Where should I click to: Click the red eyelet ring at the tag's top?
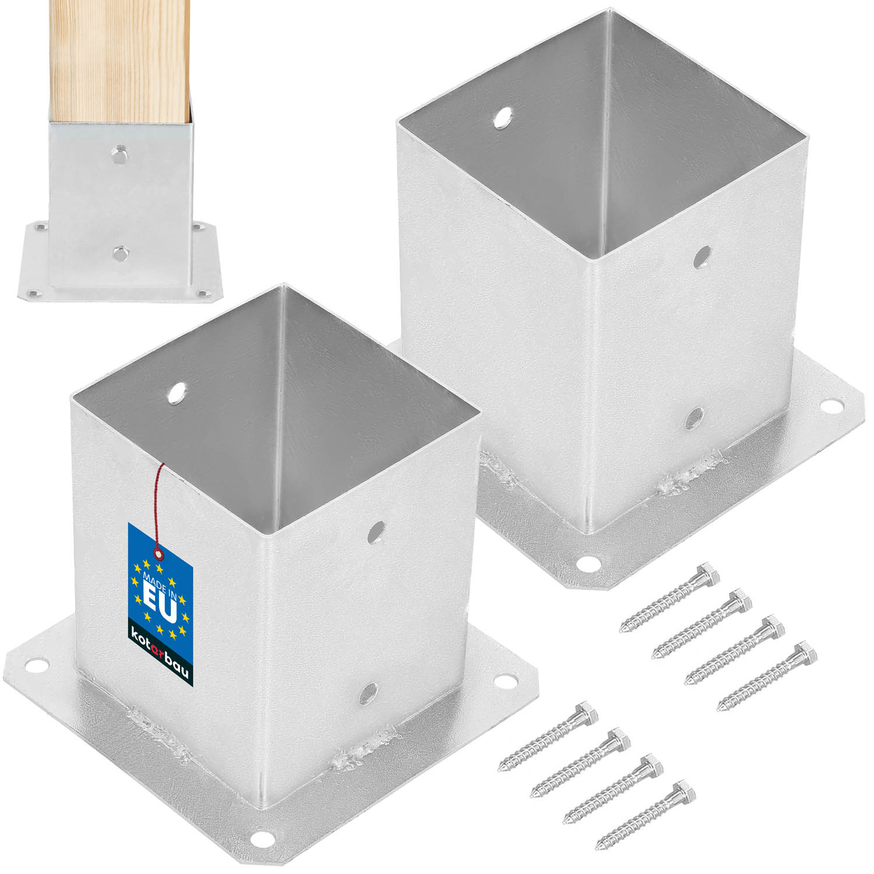click(x=157, y=552)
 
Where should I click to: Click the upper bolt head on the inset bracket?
click(x=119, y=153)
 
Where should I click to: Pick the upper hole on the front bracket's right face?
click(x=376, y=531)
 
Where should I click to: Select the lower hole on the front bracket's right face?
click(x=368, y=692)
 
